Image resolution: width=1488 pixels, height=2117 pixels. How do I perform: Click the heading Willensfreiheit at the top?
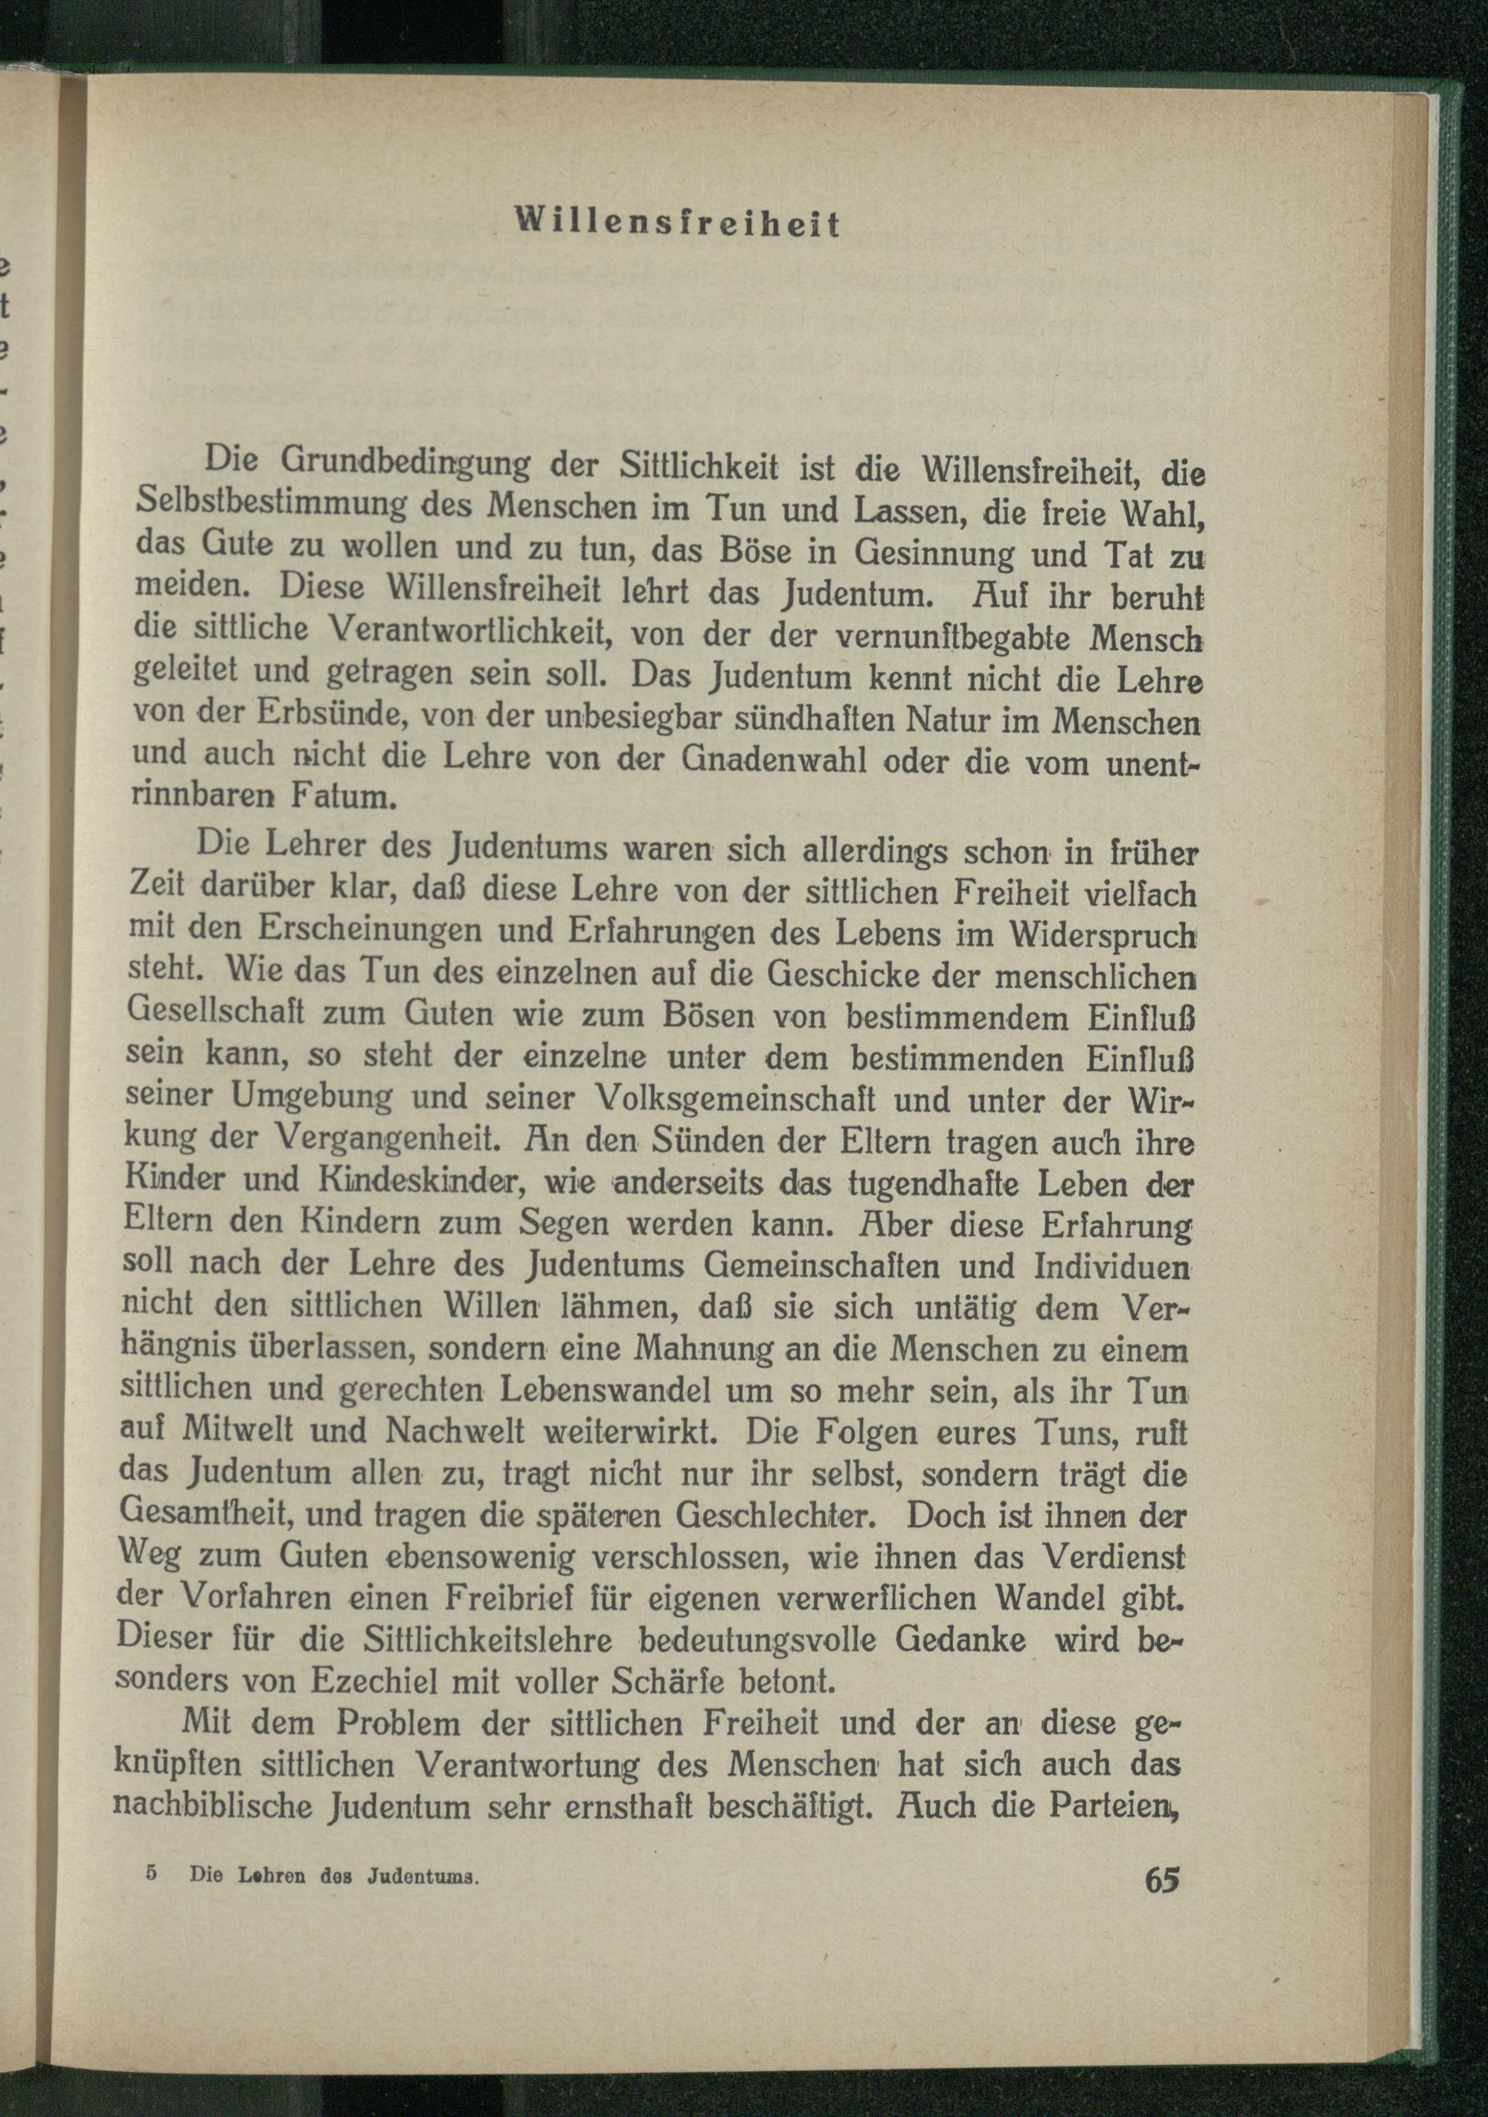[x=676, y=225]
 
